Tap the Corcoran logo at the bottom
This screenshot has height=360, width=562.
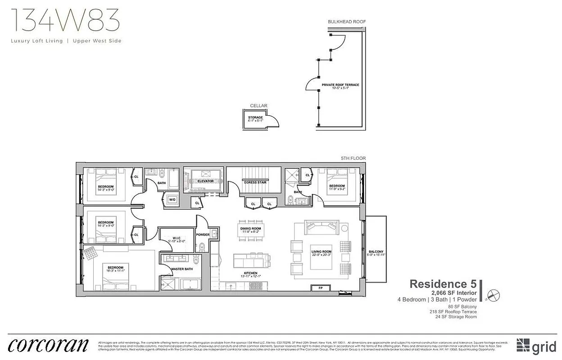point(48,345)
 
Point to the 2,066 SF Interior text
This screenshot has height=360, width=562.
point(451,293)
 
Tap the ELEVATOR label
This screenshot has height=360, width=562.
point(205,181)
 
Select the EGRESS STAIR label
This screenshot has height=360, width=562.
point(255,182)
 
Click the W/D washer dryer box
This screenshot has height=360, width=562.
point(172,199)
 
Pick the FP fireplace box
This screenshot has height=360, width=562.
point(320,288)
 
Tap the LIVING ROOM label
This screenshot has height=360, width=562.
point(322,252)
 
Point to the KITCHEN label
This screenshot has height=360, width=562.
point(251,273)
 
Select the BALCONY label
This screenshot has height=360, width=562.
point(376,252)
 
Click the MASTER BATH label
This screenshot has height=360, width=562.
point(182,269)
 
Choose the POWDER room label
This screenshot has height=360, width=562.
point(203,234)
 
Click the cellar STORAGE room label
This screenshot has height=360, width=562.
point(255,117)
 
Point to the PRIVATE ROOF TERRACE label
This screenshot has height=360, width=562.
point(340,85)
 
